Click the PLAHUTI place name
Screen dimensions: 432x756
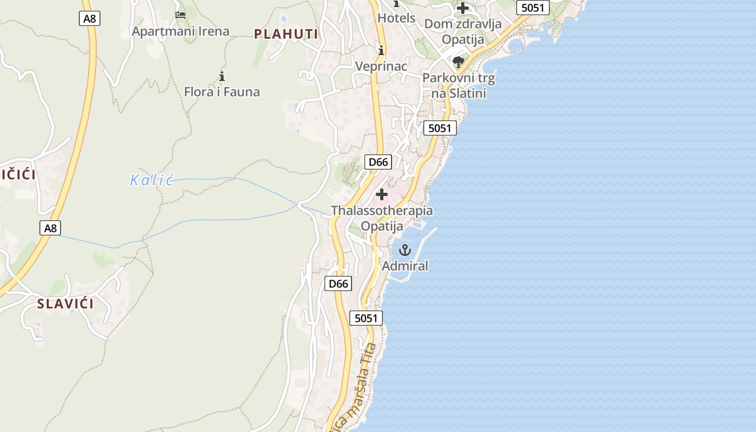tap(286, 34)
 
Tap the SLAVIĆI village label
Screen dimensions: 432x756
tap(65, 304)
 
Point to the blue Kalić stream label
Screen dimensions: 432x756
tap(152, 180)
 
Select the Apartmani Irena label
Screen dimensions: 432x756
tap(180, 31)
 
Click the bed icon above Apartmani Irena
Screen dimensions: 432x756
tap(180, 15)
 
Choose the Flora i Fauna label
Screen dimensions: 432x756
tap(222, 92)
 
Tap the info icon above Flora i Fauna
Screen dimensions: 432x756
tap(221, 76)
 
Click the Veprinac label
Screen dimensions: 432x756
tap(381, 66)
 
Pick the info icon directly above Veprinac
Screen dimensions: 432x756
tap(381, 51)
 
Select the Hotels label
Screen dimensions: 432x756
tap(396, 18)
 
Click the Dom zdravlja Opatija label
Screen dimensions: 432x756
tap(463, 31)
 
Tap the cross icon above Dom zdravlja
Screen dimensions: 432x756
tap(463, 8)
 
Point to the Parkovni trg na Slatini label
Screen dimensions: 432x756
tap(458, 85)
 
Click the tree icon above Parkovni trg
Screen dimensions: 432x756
tap(458, 62)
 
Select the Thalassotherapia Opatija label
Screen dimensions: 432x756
tap(382, 218)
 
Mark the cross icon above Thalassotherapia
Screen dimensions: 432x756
tap(382, 194)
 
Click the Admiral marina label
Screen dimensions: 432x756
tap(405, 266)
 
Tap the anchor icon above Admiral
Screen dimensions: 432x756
tap(404, 250)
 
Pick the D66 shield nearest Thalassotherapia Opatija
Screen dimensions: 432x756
tap(378, 162)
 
